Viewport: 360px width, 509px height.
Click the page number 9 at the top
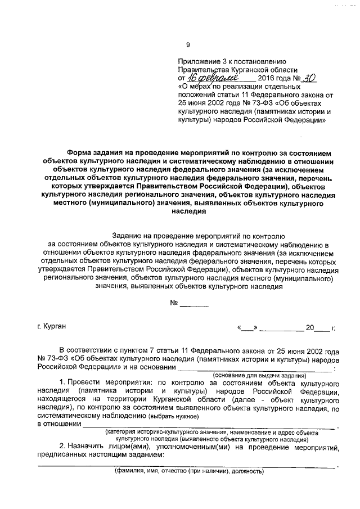[x=188, y=46]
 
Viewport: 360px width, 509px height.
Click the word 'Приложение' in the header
[x=197, y=61]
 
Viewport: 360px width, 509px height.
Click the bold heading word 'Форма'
[x=78, y=152]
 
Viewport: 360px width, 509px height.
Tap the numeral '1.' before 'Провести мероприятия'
[x=62, y=382]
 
